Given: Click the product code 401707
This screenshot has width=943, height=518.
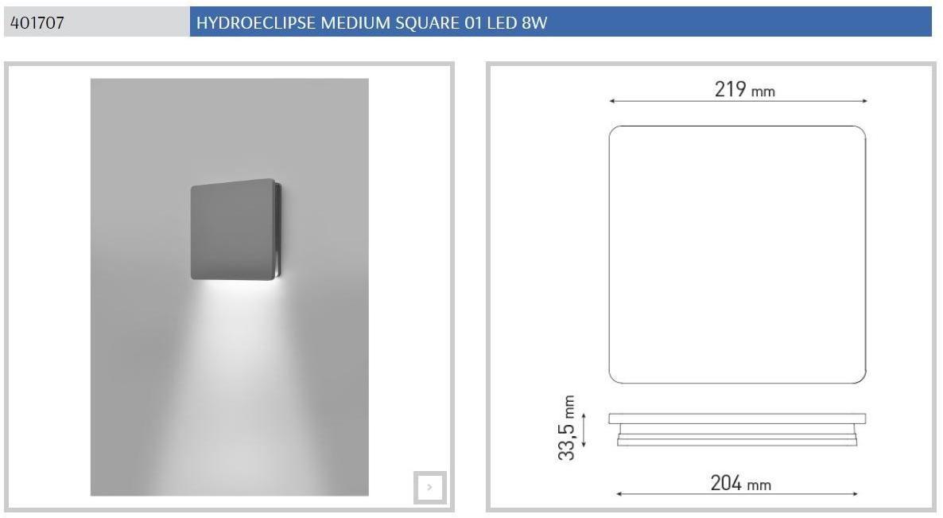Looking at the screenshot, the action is tap(37, 23).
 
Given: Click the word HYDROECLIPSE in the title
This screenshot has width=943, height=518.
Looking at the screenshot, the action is tap(255, 23).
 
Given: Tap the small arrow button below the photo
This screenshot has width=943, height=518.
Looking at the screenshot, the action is tap(429, 487).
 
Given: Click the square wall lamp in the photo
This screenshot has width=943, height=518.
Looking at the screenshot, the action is tap(235, 229).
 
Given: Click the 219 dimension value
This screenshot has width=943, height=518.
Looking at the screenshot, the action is tap(730, 89).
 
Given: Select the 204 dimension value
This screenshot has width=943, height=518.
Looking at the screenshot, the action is tap(726, 483).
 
